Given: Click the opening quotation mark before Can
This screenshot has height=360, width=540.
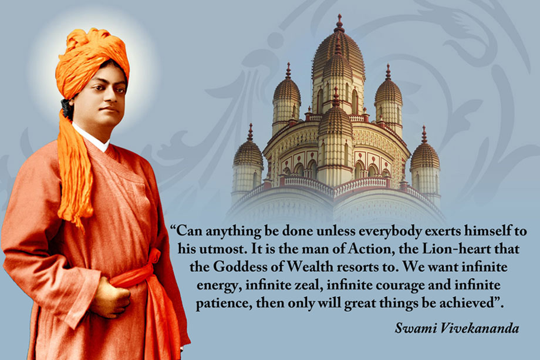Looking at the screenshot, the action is tap(173, 228).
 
